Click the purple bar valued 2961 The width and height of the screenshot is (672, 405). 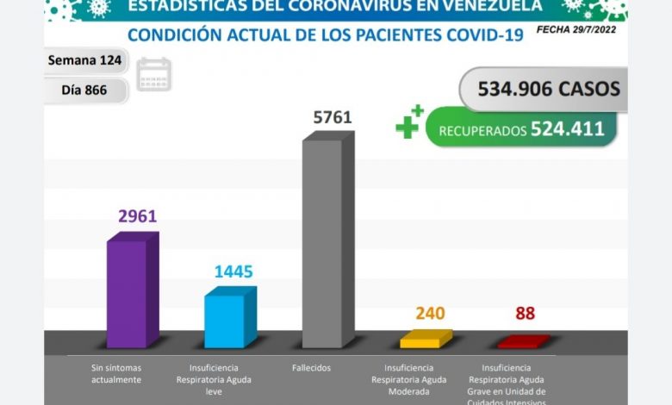click(127, 293)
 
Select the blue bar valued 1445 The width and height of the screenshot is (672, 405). click(225, 321)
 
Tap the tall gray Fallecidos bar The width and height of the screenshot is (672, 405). click(323, 241)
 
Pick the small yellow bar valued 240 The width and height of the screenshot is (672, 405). click(420, 340)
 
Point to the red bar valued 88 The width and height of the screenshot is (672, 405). click(519, 342)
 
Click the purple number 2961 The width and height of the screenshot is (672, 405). click(137, 216)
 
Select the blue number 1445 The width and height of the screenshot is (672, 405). click(233, 272)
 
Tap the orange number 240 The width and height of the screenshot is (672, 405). click(429, 314)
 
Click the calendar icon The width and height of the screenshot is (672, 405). click(154, 74)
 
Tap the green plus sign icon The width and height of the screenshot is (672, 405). click(409, 122)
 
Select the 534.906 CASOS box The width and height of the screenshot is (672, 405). click(543, 89)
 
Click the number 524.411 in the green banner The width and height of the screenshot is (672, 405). click(568, 129)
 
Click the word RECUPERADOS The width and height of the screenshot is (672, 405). click(482, 131)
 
